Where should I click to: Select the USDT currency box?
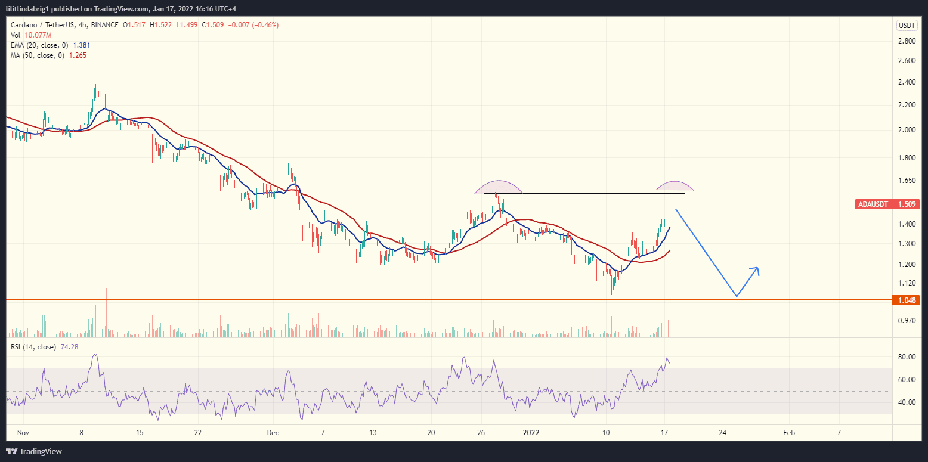tap(907, 25)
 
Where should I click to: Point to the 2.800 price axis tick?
tap(907, 41)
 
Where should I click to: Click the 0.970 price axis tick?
tap(907, 321)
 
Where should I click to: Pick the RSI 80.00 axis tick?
tap(907, 357)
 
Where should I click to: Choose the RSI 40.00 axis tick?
tap(907, 402)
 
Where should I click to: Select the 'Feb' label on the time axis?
tap(788, 432)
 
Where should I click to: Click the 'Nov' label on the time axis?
tap(23, 432)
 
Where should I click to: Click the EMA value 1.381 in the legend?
tap(82, 45)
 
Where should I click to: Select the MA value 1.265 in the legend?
tap(75, 55)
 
